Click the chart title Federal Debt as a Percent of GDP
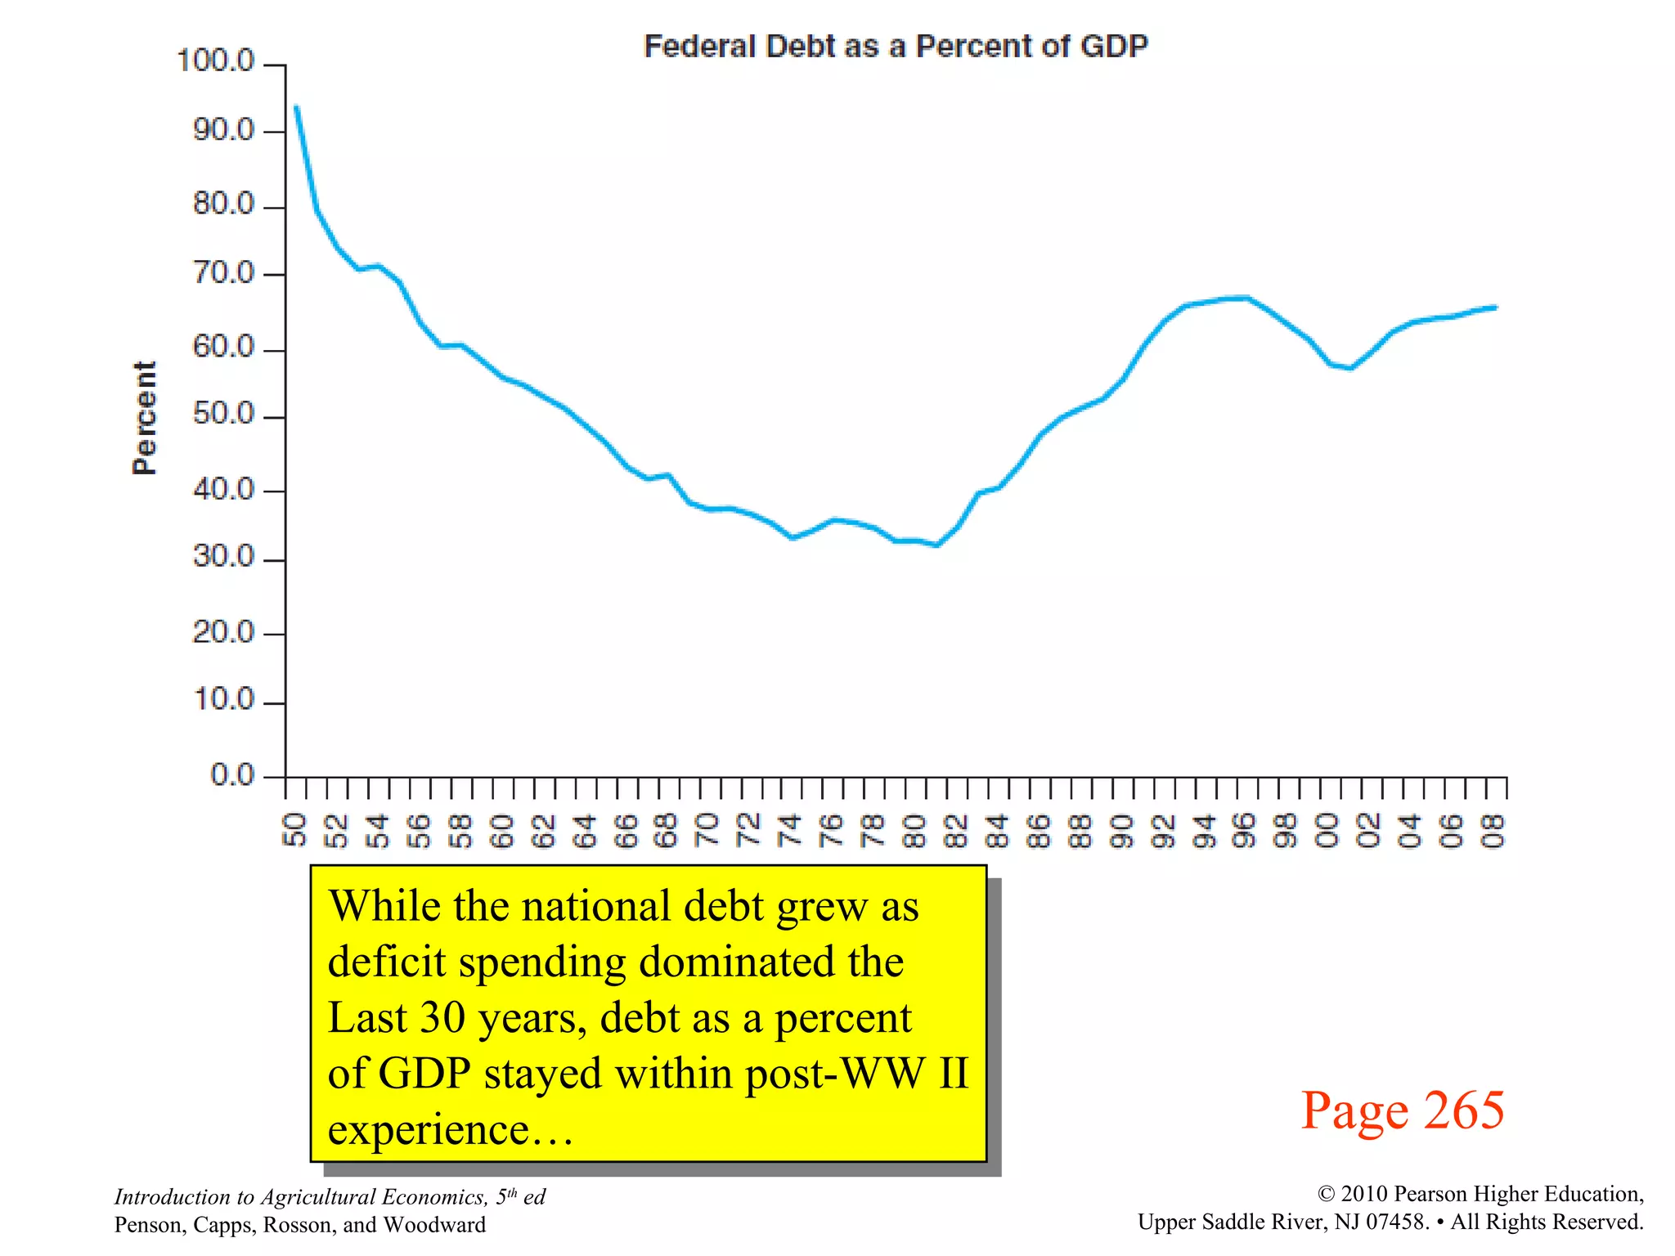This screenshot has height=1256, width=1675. [896, 46]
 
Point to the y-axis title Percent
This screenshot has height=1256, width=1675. [144, 418]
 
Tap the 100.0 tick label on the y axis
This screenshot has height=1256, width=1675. [216, 61]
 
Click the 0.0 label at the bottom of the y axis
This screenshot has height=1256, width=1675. [232, 774]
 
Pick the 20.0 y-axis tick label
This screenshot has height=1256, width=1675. [223, 631]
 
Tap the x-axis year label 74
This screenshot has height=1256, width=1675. [790, 830]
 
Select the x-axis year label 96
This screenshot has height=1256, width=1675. [1245, 830]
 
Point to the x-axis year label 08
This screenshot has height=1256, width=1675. [1493, 830]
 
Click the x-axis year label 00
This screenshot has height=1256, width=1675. [1327, 830]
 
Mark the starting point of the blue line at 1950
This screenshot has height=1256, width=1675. [296, 107]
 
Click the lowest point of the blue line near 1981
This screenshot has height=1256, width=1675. [936, 545]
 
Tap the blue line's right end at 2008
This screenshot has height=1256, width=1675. [1495, 307]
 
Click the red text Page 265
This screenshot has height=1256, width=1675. [1402, 1110]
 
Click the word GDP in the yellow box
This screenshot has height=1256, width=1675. [424, 1073]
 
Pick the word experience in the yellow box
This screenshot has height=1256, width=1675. [428, 1129]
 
